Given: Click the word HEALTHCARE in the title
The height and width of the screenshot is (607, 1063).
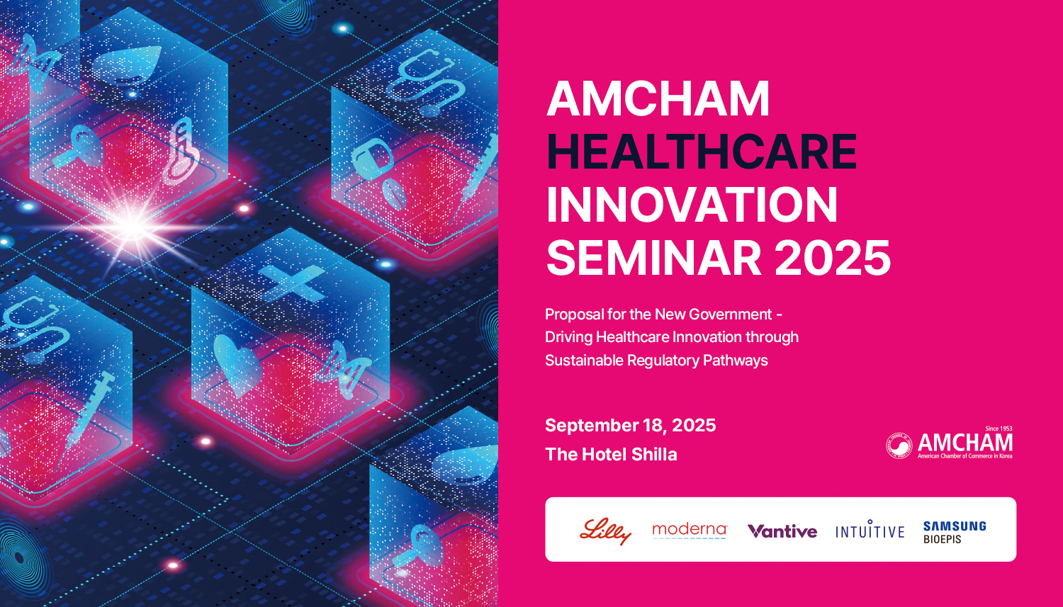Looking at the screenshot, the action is [x=702, y=152].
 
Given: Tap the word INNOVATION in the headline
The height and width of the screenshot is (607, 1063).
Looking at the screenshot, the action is [x=692, y=205].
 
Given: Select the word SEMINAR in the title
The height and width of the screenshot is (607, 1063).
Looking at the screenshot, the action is [x=654, y=258].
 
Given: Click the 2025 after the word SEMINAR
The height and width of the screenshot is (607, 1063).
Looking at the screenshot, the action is [x=833, y=258].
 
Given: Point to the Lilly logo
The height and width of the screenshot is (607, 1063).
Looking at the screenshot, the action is [x=605, y=531].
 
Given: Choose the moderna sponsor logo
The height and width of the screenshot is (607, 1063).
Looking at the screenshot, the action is [x=690, y=531].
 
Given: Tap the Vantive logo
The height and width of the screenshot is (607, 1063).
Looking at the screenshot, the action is [x=782, y=531].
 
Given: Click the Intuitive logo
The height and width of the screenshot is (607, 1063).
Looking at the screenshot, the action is [x=870, y=529].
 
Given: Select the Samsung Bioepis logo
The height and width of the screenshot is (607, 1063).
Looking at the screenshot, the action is [x=955, y=532].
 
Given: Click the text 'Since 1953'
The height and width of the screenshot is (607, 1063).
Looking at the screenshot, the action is [x=999, y=429].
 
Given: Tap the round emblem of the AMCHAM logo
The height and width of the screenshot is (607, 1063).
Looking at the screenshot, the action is [x=899, y=446].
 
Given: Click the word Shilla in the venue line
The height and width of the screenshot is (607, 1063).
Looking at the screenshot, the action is [x=654, y=454].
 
